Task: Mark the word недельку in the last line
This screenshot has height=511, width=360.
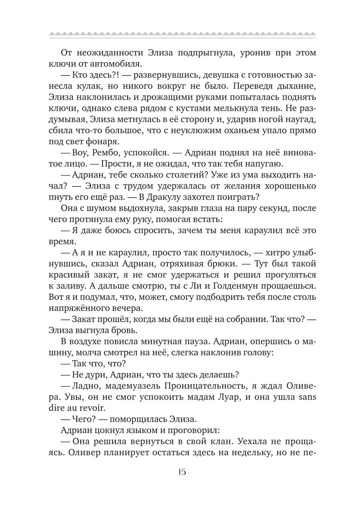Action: (242, 455)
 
